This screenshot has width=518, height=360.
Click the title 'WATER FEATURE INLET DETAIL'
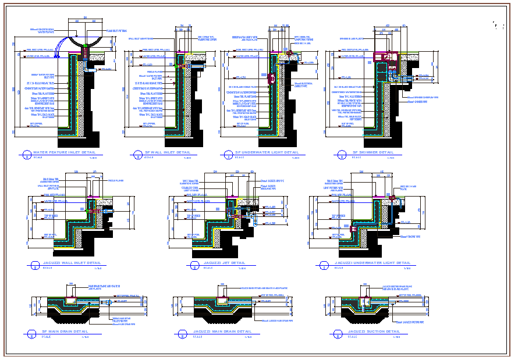click(x=65, y=153)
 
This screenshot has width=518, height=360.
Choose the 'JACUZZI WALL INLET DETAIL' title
click(x=68, y=263)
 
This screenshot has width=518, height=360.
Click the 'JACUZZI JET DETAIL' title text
click(x=224, y=263)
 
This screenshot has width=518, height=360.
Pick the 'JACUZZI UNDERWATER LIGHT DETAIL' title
click(x=372, y=263)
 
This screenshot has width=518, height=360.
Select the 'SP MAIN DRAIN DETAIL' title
click(x=61, y=332)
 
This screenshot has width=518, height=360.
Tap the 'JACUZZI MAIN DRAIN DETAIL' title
click(x=222, y=332)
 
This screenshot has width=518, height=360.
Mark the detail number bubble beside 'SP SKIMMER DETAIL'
click(x=338, y=154)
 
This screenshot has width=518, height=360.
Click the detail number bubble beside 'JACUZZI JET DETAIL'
click(x=192, y=265)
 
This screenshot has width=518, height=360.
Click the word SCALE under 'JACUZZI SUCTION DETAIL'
click(x=353, y=336)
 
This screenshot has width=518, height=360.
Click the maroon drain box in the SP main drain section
click(x=74, y=301)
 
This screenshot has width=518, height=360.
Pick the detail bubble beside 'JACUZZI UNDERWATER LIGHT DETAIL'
click(x=323, y=265)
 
